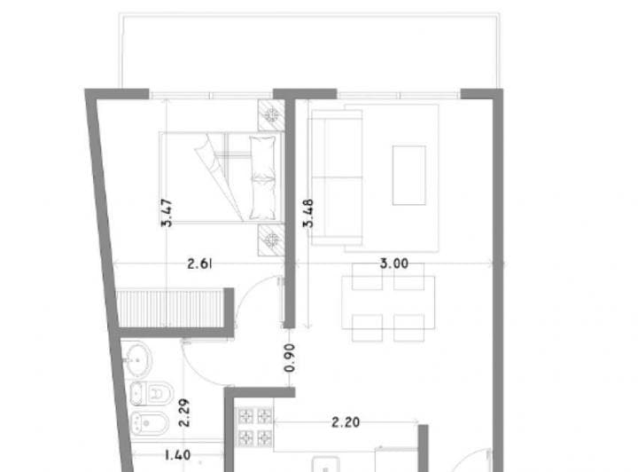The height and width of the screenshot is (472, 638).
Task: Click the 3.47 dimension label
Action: coord(167,213)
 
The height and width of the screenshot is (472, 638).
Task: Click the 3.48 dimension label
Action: coord(308,213)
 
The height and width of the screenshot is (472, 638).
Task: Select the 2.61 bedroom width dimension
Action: coord(199,264)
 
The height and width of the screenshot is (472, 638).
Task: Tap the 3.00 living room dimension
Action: coord(393,264)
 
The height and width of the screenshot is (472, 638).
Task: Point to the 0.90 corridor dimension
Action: coord(290,358)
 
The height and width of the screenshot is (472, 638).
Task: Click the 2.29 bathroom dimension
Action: coord(184,413)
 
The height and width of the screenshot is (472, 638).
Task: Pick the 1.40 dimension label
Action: coord(177,454)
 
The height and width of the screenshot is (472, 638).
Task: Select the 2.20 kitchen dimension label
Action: coord(346,422)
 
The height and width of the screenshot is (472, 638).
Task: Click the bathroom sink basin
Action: coord(136,359)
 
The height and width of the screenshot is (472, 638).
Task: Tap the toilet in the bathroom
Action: coord(151,393)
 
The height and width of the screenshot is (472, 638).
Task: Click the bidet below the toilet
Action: coord(149,423)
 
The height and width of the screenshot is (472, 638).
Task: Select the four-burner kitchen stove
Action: coord(255,427)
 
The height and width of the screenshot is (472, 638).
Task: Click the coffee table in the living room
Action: coord(408,175)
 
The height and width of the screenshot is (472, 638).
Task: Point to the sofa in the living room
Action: coord(336,177)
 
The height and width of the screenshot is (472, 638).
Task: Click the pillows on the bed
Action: coord(263,178)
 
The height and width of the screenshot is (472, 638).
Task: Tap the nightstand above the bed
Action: coord(271,115)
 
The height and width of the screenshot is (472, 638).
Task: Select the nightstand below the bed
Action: coord(271,240)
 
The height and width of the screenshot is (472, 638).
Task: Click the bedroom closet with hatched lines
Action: coord(170,308)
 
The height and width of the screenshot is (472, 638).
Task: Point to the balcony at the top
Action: coord(309,51)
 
